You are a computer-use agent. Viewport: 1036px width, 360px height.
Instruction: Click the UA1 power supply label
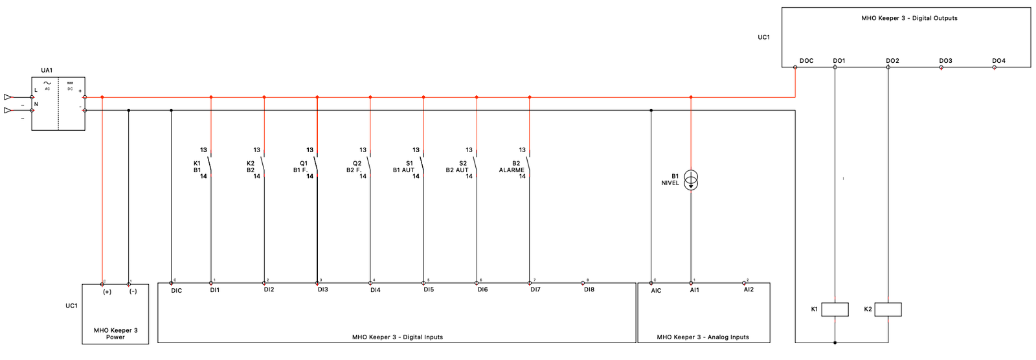point(47,70)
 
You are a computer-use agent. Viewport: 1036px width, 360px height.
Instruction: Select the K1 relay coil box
point(835,309)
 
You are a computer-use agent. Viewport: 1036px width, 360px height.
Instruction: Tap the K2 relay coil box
point(888,309)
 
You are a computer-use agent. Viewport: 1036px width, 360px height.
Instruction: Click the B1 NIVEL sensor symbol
point(691,180)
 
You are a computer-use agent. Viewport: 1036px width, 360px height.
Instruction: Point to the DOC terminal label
point(806,61)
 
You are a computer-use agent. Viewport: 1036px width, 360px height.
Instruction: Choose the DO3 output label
point(945,61)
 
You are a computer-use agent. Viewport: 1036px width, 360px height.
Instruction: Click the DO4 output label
point(998,61)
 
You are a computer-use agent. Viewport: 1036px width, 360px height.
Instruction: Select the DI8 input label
point(589,290)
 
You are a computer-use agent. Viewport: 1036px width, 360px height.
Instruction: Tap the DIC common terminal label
point(176,291)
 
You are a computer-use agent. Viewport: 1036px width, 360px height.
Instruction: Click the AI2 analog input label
point(749,290)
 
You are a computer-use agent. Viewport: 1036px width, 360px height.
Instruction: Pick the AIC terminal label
point(656,291)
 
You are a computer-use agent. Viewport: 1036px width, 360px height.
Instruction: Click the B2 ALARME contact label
point(512,167)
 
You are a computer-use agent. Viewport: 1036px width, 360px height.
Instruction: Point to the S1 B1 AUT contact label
point(403,167)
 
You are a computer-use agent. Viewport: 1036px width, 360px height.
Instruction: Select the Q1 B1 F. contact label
point(300,167)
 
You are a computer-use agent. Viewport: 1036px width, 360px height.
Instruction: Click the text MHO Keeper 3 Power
point(115,333)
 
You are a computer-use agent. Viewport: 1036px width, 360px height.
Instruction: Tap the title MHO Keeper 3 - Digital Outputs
point(908,18)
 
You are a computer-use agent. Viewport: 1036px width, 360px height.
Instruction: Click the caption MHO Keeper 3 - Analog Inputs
point(703,337)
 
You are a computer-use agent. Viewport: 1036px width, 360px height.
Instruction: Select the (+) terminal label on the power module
point(107,291)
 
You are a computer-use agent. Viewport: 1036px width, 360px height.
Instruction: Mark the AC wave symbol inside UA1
point(47,84)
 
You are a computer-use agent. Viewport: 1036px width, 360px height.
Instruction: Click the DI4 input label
point(376,290)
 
